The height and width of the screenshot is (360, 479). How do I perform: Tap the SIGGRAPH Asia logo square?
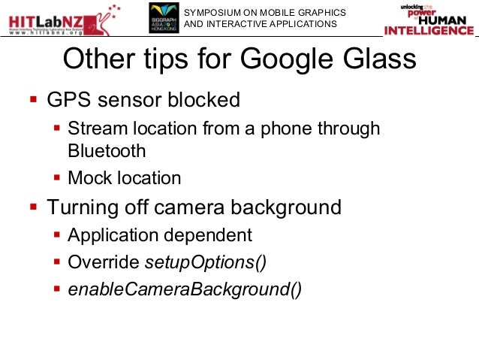[164, 18]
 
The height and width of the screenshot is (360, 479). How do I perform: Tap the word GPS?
[66, 99]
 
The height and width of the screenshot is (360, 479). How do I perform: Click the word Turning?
[83, 207]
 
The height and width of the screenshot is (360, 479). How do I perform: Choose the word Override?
[103, 262]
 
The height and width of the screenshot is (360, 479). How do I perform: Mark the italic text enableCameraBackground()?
[185, 289]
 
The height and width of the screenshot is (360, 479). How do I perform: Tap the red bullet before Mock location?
[57, 178]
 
